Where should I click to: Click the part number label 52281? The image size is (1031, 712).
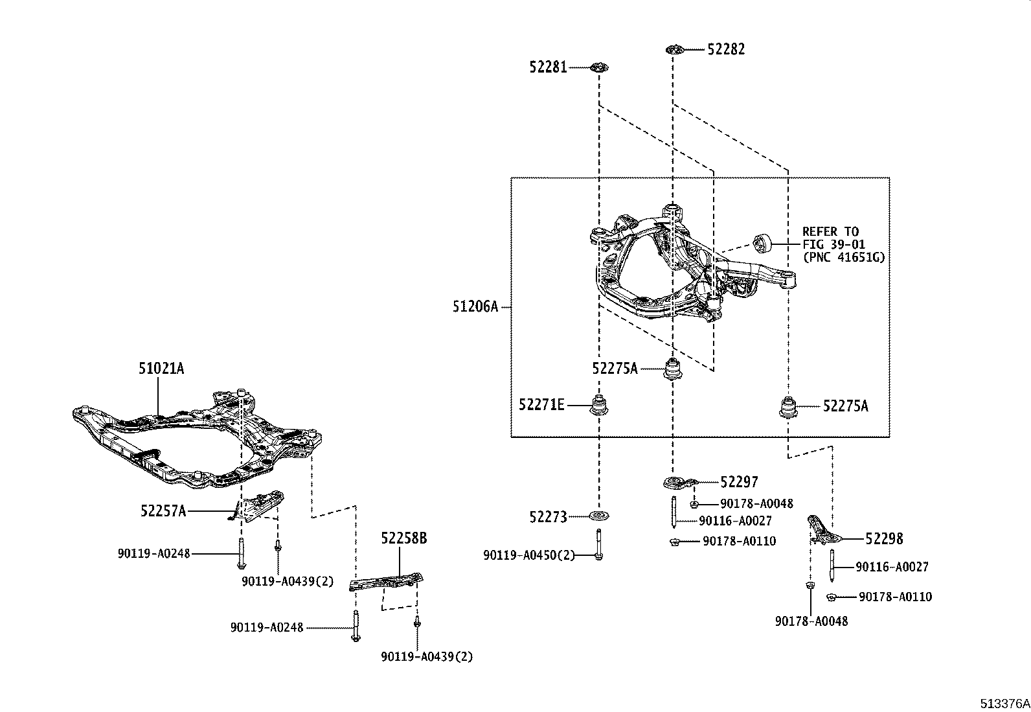(548, 67)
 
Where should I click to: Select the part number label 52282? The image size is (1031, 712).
(726, 49)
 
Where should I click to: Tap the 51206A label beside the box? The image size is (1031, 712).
(475, 306)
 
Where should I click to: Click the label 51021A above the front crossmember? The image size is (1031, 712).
(161, 369)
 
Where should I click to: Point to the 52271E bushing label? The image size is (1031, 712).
(541, 406)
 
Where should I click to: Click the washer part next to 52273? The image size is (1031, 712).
(599, 516)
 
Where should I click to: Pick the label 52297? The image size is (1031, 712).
(739, 482)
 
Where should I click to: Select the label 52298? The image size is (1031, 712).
(884, 539)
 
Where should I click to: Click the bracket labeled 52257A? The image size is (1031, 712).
(259, 504)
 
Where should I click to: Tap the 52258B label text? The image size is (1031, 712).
(403, 538)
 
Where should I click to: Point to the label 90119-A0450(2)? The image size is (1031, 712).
(528, 555)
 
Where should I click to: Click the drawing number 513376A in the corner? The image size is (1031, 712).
(1004, 704)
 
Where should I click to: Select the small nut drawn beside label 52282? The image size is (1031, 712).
(674, 49)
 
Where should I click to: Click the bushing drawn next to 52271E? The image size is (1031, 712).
(599, 406)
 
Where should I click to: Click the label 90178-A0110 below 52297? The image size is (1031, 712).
(739, 541)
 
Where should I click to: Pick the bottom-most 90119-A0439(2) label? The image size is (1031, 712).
(427, 657)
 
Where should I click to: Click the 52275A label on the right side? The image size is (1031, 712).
(845, 406)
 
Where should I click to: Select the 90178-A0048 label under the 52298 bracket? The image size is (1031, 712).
(811, 621)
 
